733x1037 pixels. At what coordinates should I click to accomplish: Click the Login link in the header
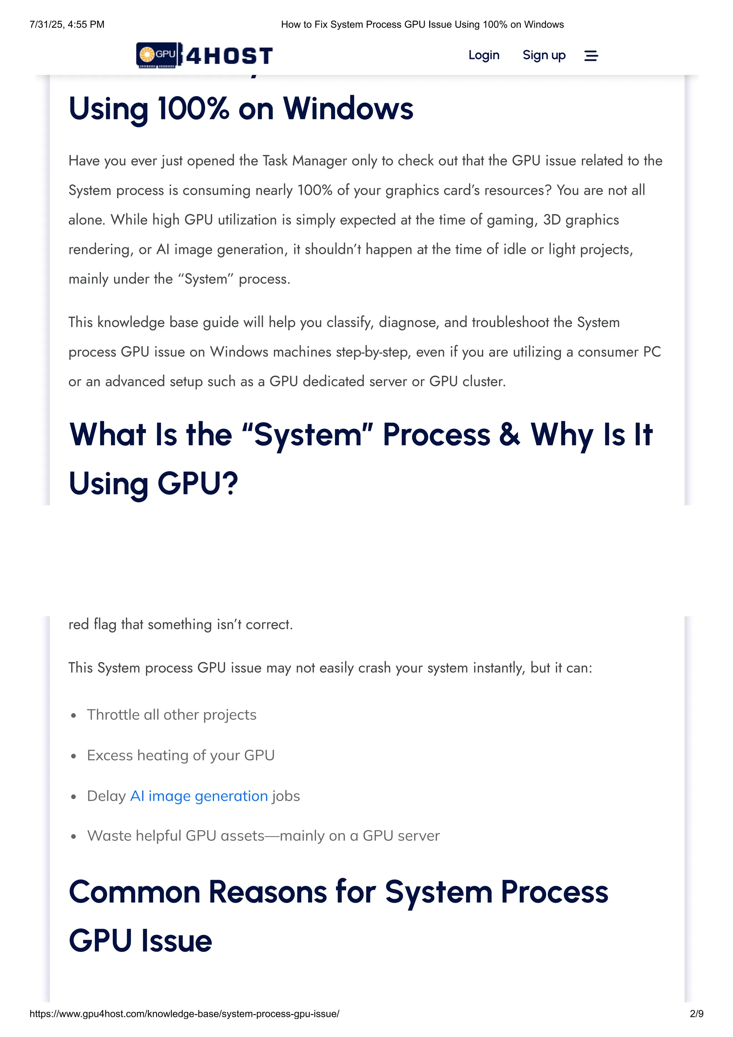pyautogui.click(x=483, y=55)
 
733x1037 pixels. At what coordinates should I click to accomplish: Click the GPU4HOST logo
pyautogui.click(x=205, y=55)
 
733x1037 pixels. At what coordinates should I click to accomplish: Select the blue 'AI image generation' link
pyautogui.click(x=199, y=796)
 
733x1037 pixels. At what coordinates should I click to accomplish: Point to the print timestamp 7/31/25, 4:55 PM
pyautogui.click(x=67, y=24)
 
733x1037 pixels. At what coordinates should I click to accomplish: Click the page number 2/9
pyautogui.click(x=696, y=1013)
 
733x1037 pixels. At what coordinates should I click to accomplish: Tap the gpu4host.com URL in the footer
pyautogui.click(x=184, y=1013)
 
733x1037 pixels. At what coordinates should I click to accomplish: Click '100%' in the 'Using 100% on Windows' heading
pyautogui.click(x=193, y=109)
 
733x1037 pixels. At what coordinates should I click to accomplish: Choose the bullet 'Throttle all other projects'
pyautogui.click(x=172, y=715)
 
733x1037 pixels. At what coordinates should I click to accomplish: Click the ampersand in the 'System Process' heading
pyautogui.click(x=509, y=434)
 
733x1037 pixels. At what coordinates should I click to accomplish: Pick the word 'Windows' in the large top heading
pyautogui.click(x=348, y=109)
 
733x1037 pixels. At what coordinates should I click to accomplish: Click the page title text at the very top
pyautogui.click(x=422, y=24)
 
